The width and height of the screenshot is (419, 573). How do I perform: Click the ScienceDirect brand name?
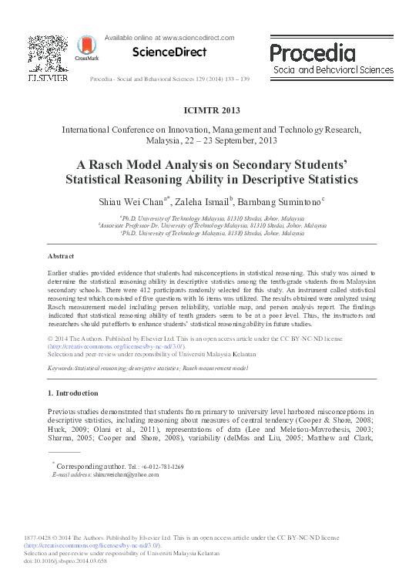coord(169,52)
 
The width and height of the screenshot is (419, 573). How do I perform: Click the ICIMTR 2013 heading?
coord(209,111)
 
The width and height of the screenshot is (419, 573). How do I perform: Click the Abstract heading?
coord(61,255)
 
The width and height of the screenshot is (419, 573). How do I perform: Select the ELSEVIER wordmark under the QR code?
coord(48,78)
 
